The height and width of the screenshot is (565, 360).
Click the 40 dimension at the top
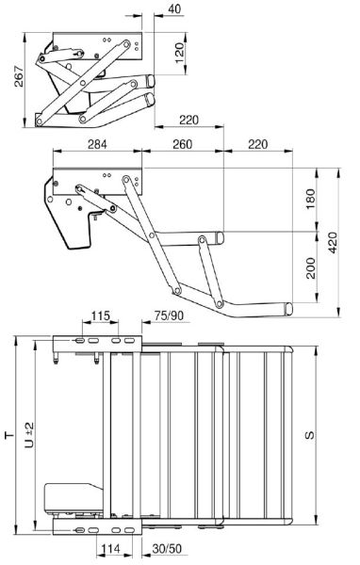(174, 8)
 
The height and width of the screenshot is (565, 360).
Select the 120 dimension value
(179, 53)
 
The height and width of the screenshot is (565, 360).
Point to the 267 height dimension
(19, 76)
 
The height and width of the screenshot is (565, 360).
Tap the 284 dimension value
(97, 144)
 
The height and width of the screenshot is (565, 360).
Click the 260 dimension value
(182, 144)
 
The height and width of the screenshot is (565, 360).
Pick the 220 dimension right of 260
(258, 144)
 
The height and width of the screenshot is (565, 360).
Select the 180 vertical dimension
(310, 200)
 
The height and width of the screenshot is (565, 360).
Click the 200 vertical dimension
(310, 268)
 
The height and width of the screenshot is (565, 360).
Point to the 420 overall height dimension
(333, 243)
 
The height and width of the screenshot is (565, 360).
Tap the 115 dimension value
(100, 316)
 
